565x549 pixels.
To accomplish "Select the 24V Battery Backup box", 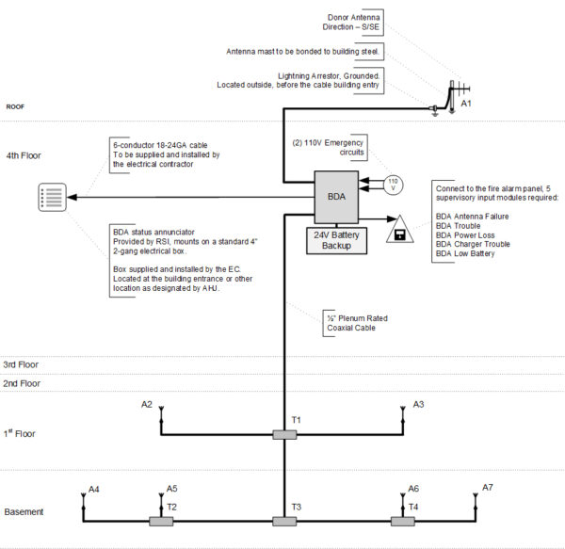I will (337, 239).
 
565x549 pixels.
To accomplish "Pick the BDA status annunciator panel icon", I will (53, 199).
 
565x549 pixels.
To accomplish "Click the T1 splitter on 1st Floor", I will (284, 434).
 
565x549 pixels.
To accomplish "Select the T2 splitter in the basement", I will (162, 521).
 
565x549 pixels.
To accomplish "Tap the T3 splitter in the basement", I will (284, 521).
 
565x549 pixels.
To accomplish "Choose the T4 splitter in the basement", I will (406, 521).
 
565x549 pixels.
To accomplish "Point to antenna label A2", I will (147, 404).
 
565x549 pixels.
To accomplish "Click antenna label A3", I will (419, 404).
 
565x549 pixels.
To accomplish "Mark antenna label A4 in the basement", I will (94, 489).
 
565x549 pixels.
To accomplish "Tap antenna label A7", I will (488, 487).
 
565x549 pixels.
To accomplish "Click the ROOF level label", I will (17, 106).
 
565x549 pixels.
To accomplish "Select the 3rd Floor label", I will (23, 363).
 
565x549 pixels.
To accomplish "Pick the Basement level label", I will (24, 511).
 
